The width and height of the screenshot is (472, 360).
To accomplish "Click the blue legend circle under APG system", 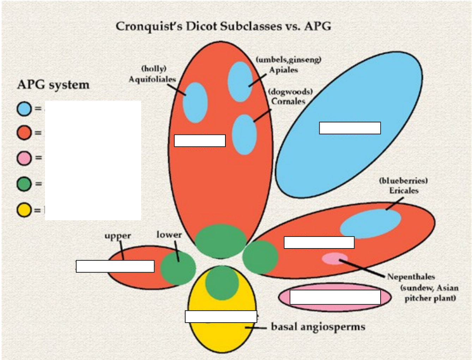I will coord(24,109).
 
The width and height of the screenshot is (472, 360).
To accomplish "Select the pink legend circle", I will coord(24,158).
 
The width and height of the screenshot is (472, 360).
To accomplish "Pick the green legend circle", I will coord(24,184).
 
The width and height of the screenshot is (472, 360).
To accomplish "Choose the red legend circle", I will coord(24,133).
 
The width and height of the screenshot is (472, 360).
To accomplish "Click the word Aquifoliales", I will coord(152,79).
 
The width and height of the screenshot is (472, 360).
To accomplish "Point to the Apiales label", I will coord(283,70).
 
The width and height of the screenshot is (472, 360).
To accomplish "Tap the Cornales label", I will coord(288,101).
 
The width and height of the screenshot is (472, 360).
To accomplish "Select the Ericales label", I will coord(404,191).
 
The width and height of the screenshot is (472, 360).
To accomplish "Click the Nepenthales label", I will coord(411,277).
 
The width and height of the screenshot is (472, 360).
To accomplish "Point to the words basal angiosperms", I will coord(318,327).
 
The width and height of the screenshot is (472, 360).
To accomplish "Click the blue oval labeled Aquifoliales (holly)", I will coord(195,103).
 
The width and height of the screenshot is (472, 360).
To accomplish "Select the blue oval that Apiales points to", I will coord(240,82).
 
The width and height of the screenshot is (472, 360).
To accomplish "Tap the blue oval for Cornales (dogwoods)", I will coord(244,134).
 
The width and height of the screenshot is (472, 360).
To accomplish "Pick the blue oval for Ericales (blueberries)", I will coord(370,223).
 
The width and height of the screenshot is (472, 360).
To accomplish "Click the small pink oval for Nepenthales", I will coord(334,258).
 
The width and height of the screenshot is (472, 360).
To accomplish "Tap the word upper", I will coord(117,236).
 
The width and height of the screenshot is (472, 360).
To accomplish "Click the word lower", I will coord(169,235).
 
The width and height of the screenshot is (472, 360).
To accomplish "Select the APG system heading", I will coord(53,85).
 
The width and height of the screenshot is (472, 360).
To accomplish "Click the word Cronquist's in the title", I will coord(149,26).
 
